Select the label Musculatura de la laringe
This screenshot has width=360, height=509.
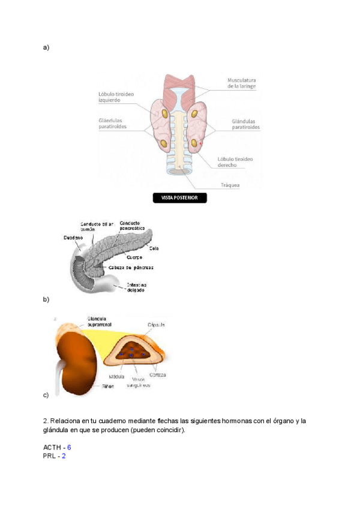point(242,83)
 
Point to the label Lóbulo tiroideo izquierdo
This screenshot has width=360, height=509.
point(116,97)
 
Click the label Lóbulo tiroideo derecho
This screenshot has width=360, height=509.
point(235,161)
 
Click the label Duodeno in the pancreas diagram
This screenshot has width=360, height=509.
point(73,238)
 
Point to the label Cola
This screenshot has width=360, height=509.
point(154,248)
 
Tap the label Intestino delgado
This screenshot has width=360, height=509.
point(136,288)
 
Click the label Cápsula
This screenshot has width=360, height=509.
point(157,325)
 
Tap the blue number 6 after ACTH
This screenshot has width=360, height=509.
point(69,447)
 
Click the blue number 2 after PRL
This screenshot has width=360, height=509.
point(63,456)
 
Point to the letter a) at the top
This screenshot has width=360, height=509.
point(46,46)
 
